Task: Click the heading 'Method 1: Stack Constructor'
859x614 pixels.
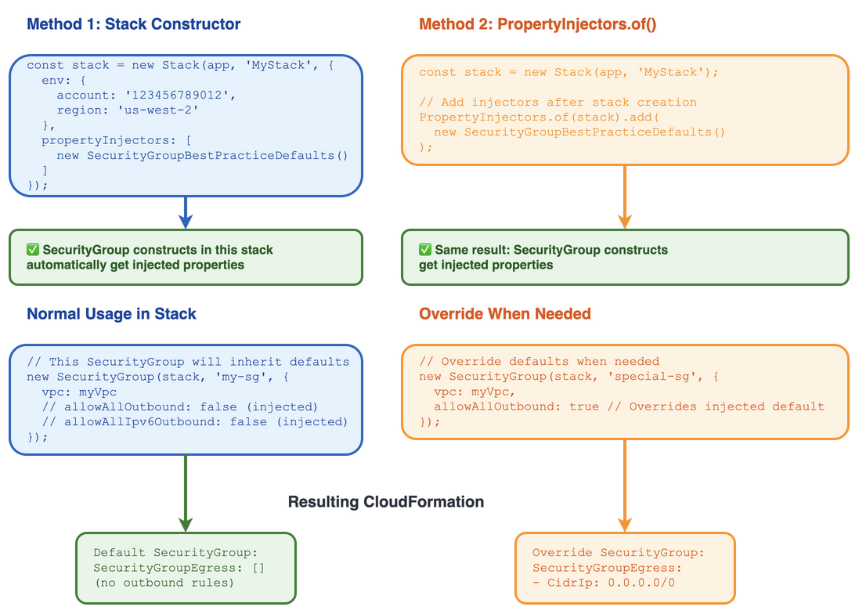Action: (x=133, y=24)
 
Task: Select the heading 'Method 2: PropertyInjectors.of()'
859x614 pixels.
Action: (x=537, y=24)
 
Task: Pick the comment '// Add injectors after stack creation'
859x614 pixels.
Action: (x=558, y=102)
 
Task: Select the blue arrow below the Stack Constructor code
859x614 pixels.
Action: (x=186, y=211)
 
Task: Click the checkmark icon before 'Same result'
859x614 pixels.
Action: (x=425, y=250)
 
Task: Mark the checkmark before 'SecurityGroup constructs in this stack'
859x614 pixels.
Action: (x=33, y=250)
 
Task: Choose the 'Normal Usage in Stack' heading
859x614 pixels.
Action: (x=111, y=314)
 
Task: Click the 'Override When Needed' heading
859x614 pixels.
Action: (x=504, y=314)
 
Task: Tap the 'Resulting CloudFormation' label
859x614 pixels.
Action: (x=385, y=502)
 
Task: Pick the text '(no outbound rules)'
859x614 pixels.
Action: (x=164, y=583)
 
